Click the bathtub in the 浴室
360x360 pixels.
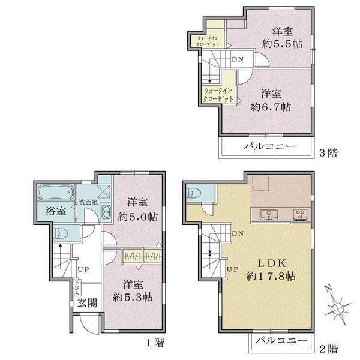click(x=56, y=193)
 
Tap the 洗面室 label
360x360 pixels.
click(x=89, y=202)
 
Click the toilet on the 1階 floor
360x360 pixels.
click(x=61, y=234)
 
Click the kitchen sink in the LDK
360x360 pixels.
click(x=269, y=215)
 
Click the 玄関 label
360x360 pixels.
click(x=87, y=303)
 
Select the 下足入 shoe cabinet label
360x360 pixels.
click(x=77, y=287)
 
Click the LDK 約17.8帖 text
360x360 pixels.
click(x=271, y=269)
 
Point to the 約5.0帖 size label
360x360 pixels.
click(x=137, y=217)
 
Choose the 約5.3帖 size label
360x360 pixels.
click(x=133, y=298)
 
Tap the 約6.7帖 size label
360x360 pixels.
click(x=271, y=107)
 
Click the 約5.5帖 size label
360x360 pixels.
click(x=282, y=44)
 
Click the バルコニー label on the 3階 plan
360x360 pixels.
click(x=269, y=146)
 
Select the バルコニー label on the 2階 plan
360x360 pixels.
click(x=281, y=340)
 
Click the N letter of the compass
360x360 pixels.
click(x=329, y=289)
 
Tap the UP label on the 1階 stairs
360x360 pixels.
click(x=83, y=269)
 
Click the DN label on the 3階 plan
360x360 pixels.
click(x=238, y=59)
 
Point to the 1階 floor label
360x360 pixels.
click(x=155, y=343)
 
